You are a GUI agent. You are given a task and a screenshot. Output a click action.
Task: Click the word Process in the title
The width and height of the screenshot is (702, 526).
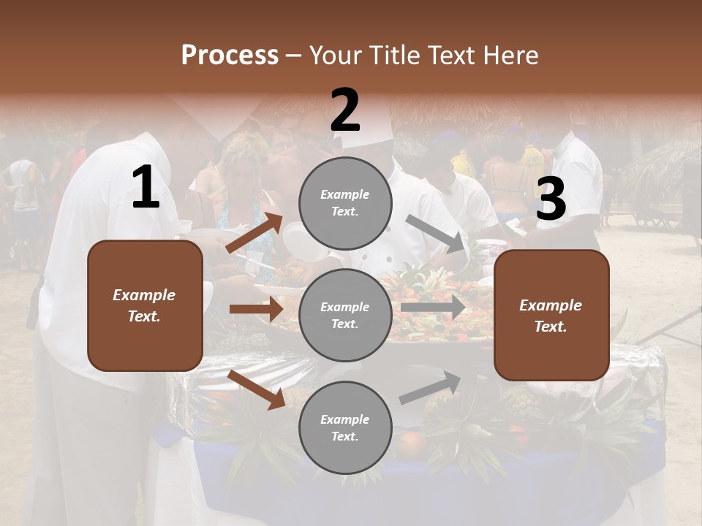pyautogui.click(x=230, y=56)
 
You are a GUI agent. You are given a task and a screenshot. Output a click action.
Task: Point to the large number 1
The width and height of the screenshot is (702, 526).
pyautogui.click(x=146, y=188)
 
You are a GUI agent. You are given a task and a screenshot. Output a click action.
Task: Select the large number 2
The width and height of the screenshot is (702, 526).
pyautogui.click(x=345, y=111)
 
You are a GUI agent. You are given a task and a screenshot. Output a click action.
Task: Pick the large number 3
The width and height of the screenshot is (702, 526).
pyautogui.click(x=551, y=200)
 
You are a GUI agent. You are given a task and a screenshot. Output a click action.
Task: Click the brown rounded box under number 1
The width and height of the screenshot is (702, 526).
pyautogui.click(x=145, y=305)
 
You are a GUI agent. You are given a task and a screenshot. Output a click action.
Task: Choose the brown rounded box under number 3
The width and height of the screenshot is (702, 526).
pyautogui.click(x=551, y=316)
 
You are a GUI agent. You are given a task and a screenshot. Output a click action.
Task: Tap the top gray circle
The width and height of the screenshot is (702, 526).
pyautogui.click(x=345, y=203)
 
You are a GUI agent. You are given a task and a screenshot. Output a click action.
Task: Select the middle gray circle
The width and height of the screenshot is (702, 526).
pyautogui.click(x=345, y=316)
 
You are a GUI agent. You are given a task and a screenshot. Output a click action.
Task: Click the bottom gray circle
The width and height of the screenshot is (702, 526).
pyautogui.click(x=345, y=428)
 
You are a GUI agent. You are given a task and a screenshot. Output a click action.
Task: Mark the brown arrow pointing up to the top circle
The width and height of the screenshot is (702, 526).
pyautogui.click(x=254, y=233)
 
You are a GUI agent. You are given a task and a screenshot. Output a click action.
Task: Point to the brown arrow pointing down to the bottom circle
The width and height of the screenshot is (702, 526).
pyautogui.click(x=256, y=389)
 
